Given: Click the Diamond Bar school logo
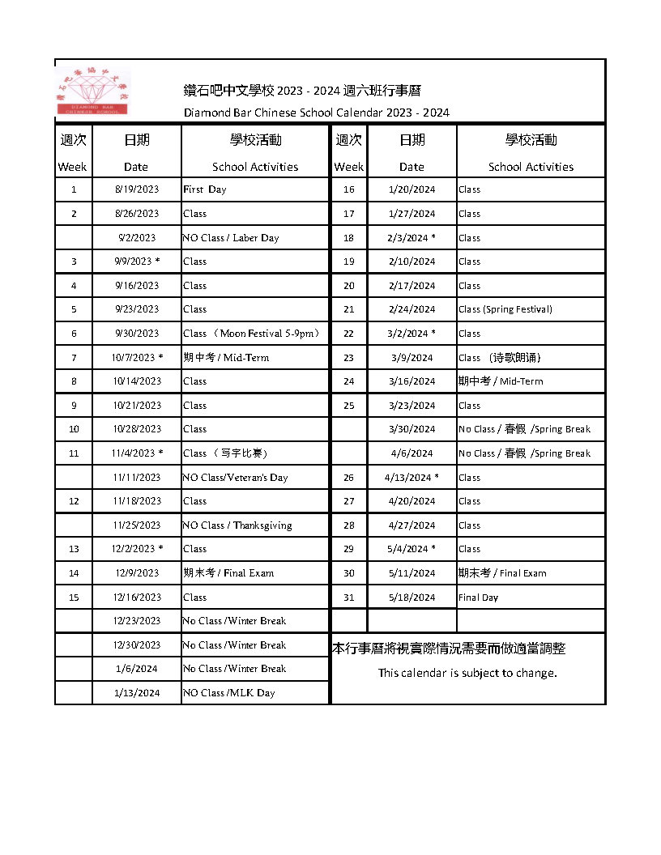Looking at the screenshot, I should [96, 92].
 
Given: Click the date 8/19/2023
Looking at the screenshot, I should [137, 189].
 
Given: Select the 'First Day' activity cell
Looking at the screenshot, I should [205, 189].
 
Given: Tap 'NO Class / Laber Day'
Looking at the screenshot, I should [231, 238].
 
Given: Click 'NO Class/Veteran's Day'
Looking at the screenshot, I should [235, 478].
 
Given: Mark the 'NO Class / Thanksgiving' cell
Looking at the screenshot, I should [237, 525].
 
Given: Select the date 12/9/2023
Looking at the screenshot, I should [137, 573].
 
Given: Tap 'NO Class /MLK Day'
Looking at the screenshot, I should [229, 693].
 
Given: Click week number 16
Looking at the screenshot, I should [349, 189].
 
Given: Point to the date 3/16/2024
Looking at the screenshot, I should [412, 381].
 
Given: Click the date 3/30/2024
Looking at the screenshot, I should [412, 429].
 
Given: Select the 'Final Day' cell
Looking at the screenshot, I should [479, 598].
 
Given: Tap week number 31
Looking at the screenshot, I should [349, 598].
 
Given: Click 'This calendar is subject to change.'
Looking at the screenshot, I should [467, 674].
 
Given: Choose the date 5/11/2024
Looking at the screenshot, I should [412, 573].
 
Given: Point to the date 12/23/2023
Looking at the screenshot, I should [137, 621].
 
